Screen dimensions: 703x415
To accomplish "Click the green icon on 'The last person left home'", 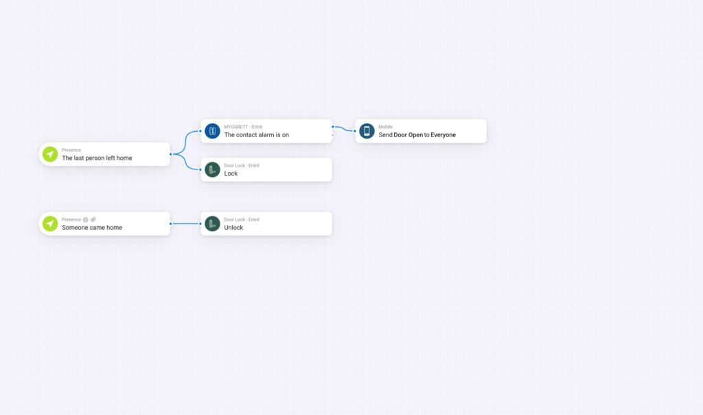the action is [50, 154].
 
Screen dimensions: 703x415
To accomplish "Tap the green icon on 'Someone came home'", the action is [50, 224].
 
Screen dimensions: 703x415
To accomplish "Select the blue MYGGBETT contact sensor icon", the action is [213, 131].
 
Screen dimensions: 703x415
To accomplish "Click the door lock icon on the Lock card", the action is [213, 169].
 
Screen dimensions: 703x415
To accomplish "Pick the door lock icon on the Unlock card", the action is [213, 224].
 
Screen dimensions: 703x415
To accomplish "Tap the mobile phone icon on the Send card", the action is [367, 131].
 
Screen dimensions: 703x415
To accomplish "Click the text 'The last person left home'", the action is [97, 158].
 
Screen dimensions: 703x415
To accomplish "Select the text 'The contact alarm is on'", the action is [257, 135].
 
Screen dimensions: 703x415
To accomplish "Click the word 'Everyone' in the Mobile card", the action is [443, 135].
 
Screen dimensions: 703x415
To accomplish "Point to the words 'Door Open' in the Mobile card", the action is [408, 135].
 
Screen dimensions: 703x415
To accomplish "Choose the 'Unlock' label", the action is [233, 228].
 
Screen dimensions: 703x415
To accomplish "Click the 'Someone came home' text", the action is [92, 228].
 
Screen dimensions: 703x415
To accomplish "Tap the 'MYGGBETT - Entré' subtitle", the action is [243, 127].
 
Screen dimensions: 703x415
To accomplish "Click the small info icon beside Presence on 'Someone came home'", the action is [86, 220].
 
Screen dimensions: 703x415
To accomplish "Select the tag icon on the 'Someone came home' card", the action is [93, 220].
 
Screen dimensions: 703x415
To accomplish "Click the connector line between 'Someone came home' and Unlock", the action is [185, 224].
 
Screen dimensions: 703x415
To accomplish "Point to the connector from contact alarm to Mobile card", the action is [344, 129].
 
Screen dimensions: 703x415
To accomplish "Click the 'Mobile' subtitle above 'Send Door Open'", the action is [386, 127].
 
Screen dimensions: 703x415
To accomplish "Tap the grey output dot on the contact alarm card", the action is [333, 135].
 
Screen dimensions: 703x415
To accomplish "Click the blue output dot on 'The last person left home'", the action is [171, 154].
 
